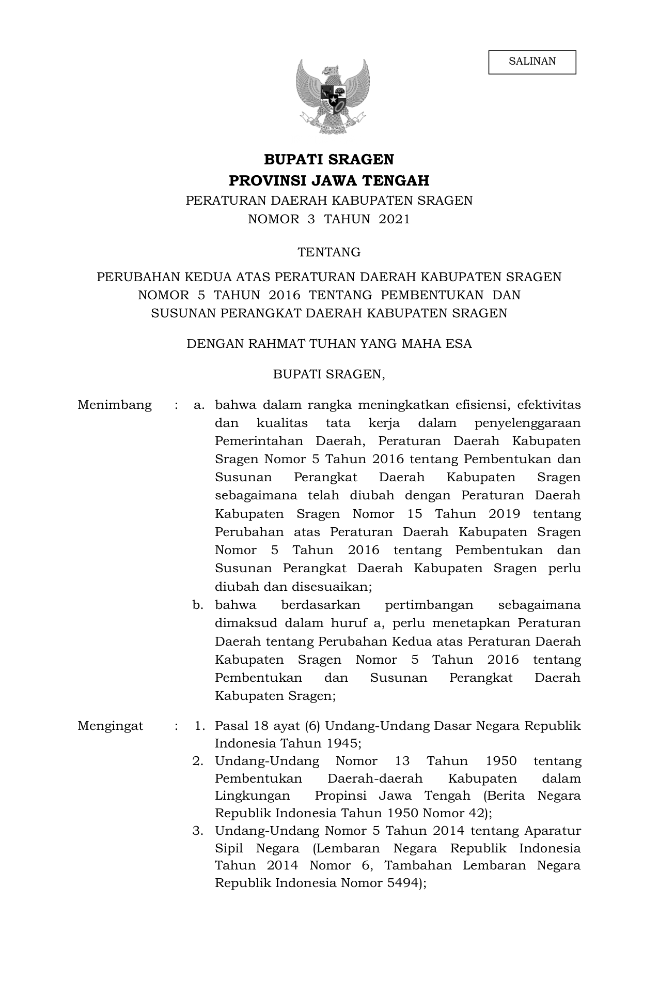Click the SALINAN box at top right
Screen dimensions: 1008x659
point(532,62)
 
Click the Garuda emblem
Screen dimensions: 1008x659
point(333,96)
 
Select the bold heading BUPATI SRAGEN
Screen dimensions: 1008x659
point(329,159)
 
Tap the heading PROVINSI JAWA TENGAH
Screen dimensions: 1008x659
point(329,181)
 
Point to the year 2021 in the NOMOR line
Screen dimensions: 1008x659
point(394,219)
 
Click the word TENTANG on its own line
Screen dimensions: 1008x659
point(329,252)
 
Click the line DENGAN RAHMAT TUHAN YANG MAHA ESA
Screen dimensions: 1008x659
point(329,344)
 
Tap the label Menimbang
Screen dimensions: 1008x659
point(115,405)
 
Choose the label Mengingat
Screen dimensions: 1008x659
point(110,726)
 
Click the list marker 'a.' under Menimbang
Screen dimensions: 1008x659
point(199,405)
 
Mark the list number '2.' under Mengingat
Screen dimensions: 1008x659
point(198,761)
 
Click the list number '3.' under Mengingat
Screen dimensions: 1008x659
point(198,831)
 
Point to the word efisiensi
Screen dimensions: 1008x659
point(482,405)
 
